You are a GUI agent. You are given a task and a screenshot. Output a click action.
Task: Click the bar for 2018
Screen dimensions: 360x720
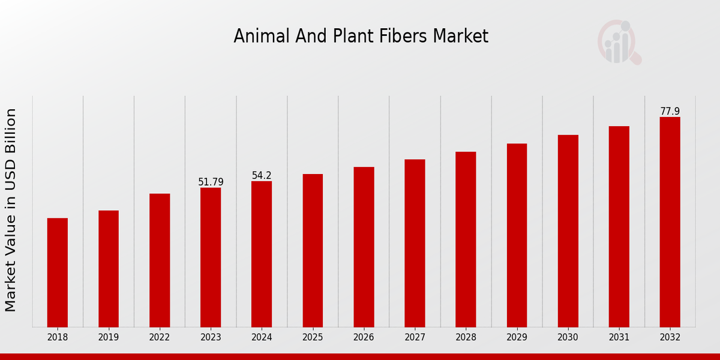coord(58,272)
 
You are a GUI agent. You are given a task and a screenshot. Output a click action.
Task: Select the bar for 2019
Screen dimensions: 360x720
coord(109,269)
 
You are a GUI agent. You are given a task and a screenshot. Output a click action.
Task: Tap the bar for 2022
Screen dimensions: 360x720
coord(160,260)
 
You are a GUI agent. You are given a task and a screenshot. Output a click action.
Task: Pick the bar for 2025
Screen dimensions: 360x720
coord(313,251)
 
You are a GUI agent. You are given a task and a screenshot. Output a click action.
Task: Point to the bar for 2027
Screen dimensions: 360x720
coord(415,243)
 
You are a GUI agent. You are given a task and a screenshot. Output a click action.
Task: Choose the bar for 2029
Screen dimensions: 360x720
coord(517,235)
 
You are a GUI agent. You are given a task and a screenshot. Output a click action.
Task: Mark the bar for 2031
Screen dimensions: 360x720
coord(619,227)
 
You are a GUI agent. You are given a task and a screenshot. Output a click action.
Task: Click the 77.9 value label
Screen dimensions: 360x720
coord(670,112)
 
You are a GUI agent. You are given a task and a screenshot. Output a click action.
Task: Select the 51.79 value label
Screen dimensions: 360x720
coord(211,182)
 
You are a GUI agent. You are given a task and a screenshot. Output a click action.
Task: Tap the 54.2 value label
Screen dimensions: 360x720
coord(262,176)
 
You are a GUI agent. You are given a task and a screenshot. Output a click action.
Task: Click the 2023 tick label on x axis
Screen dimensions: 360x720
coord(211,338)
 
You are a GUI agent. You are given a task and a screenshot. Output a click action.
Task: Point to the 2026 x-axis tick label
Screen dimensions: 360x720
coord(364,338)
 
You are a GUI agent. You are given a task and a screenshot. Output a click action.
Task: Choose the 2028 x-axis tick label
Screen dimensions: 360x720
coord(466,338)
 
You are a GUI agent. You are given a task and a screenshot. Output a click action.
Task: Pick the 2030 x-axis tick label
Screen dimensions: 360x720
coord(568,338)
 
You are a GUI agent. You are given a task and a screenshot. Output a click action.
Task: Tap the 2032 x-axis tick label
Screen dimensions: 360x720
coord(670,338)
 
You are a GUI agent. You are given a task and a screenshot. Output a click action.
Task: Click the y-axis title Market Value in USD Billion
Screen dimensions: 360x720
coord(11,210)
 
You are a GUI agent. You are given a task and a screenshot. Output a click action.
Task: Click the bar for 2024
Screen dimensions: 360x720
coord(262,254)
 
